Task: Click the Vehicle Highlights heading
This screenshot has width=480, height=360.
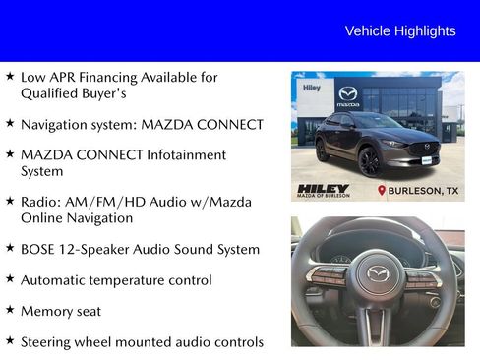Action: coord(399,31)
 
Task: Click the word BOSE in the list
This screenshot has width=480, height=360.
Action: coord(40,250)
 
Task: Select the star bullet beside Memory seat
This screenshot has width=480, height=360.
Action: coord(9,310)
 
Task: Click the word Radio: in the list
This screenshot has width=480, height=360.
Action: coord(41,202)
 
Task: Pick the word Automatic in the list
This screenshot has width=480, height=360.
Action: coord(55,280)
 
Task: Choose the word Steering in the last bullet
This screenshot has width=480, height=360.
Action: coord(48,342)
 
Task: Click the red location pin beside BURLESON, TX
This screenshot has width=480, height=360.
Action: coord(382,190)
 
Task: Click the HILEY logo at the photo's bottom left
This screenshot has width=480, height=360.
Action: coord(323,189)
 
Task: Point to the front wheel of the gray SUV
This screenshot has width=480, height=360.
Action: coord(371,162)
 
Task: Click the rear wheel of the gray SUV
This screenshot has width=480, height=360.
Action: coord(323,150)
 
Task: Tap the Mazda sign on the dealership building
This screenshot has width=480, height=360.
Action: coord(348,96)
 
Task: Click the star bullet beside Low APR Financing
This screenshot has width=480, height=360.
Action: coord(9,76)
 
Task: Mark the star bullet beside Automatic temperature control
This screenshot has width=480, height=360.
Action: coord(9,279)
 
